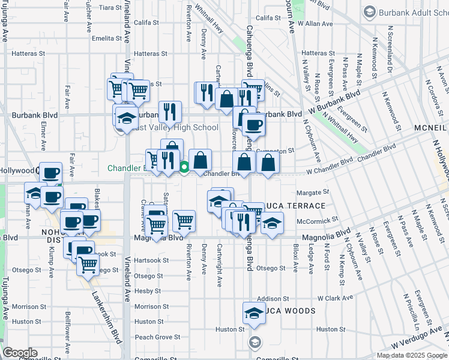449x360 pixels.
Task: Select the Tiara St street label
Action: [110, 7]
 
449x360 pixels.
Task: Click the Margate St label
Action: [313, 193]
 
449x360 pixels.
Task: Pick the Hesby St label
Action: [144, 291]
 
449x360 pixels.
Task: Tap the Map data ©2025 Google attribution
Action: [412, 355]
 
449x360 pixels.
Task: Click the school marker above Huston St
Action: [254, 313]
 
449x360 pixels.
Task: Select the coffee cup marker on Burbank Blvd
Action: [254, 125]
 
